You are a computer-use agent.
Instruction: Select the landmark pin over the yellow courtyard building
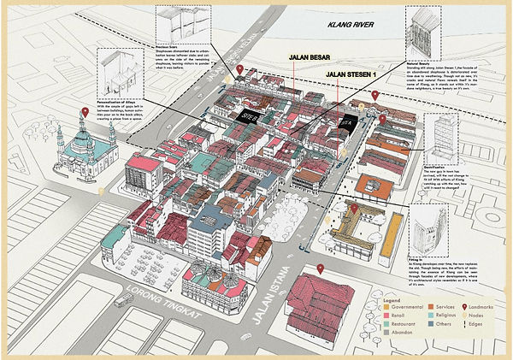click(355, 209)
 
